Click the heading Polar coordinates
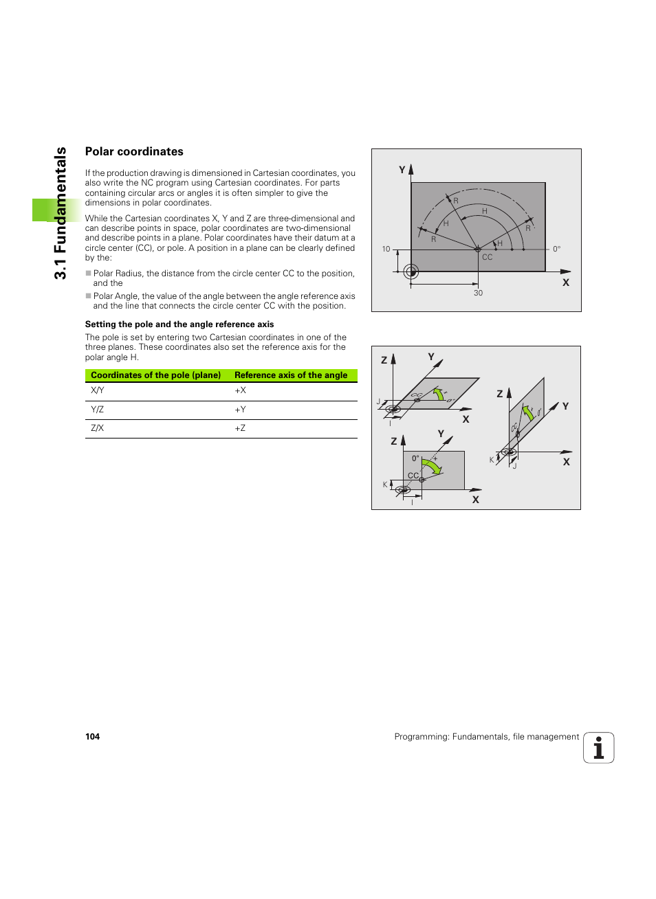pos(134,152)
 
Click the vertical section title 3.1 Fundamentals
pos(61,213)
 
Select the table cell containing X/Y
pos(98,390)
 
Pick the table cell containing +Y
pos(240,410)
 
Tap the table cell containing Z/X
pos(98,428)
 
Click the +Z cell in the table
pos(240,428)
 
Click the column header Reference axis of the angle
pos(291,375)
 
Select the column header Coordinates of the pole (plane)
pos(155,375)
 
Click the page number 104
pos(92,737)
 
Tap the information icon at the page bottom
pos(598,748)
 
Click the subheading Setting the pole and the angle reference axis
pos(179,324)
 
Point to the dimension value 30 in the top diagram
pos(478,293)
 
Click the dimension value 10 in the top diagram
pos(386,249)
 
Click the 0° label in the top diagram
pos(557,249)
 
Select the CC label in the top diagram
pos(487,258)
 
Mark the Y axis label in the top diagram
pos(402,170)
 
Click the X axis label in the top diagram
pos(566,282)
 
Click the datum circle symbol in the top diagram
pos(411,271)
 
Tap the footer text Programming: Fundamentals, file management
pos(486,737)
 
